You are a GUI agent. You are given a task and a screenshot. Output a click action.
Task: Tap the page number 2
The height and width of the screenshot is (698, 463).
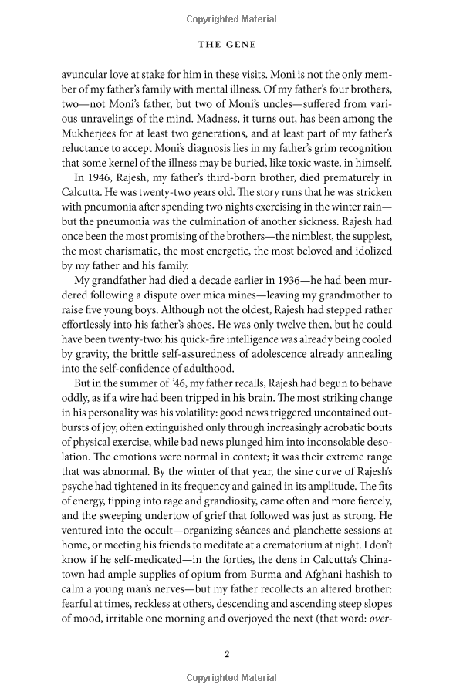[x=227, y=654]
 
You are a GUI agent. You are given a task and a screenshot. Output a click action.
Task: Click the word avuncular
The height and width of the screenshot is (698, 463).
[x=88, y=77]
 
